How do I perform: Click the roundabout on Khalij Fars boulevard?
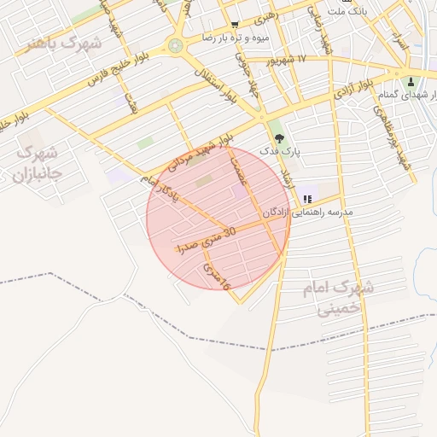point(176,45)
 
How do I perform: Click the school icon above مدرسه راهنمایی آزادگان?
point(307,199)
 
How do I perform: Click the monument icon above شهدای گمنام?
point(411,83)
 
